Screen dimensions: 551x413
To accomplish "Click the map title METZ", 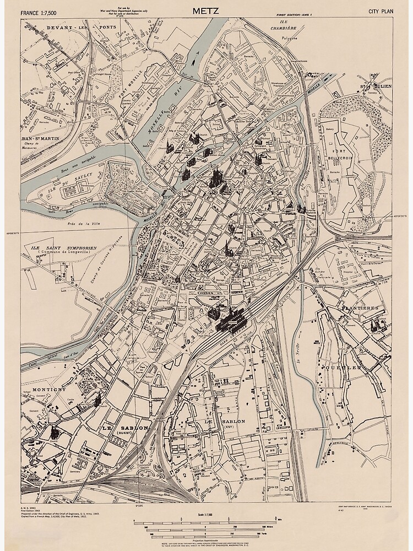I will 206,10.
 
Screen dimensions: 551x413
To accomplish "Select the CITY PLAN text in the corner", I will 381,11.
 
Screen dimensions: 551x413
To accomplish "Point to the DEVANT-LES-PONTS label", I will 60,26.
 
